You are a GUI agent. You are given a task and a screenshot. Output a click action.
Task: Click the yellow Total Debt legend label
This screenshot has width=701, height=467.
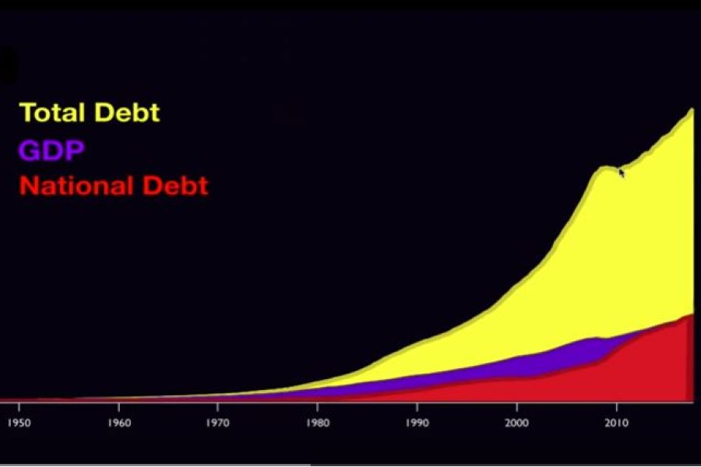tap(90, 112)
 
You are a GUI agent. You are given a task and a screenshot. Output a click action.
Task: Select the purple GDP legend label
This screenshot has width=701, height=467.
tap(51, 150)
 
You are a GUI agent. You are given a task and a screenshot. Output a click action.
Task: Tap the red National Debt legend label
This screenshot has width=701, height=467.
tap(114, 185)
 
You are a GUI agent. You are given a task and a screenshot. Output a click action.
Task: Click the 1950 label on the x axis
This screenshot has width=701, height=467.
tap(19, 423)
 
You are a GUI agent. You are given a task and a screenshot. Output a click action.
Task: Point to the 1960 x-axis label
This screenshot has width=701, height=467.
tap(119, 423)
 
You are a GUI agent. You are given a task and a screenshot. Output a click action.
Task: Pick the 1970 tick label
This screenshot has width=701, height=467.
tap(218, 423)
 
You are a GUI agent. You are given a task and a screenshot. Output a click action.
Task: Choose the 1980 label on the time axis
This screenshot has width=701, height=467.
tap(318, 423)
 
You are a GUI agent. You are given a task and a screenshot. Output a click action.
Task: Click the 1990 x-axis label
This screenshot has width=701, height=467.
tap(417, 423)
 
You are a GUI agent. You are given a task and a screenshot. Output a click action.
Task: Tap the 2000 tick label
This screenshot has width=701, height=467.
tap(517, 423)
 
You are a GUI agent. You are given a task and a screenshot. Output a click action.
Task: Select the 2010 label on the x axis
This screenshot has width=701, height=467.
tap(617, 423)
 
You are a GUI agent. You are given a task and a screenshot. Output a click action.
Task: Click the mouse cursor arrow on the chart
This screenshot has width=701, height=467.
tap(622, 173)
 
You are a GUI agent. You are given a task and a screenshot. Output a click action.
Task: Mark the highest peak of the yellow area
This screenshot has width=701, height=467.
tap(692, 109)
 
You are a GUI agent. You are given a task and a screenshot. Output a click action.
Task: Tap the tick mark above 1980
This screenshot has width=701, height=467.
tap(318, 406)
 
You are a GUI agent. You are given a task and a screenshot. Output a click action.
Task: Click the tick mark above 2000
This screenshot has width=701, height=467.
tap(517, 406)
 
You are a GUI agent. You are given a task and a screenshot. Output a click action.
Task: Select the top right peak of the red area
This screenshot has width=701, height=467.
tap(692, 314)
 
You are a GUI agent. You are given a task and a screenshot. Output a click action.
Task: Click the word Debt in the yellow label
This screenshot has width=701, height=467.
tap(127, 112)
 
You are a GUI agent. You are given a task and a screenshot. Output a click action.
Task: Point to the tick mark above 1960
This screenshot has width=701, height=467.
tap(119, 406)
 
